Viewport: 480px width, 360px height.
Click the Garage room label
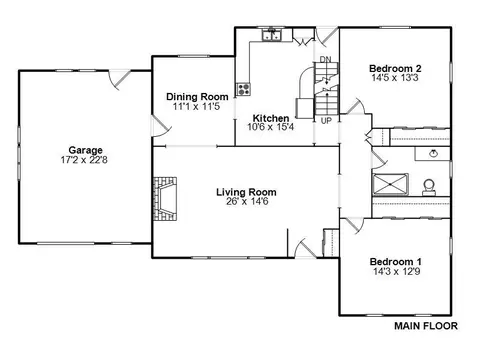tap(85, 150)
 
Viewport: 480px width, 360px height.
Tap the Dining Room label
tap(197, 97)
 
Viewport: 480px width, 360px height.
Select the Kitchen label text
tap(271, 118)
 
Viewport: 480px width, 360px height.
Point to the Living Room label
tap(246, 192)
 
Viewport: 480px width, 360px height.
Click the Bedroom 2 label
tap(395, 69)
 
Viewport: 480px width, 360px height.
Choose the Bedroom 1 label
tap(396, 262)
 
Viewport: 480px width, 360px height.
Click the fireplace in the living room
tap(165, 199)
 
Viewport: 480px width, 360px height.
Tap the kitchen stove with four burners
tap(243, 89)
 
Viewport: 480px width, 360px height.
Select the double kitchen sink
tap(272, 35)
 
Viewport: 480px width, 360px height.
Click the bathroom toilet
tap(429, 187)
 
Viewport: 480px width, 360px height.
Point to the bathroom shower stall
tap(390, 184)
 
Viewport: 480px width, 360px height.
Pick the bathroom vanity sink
tap(433, 154)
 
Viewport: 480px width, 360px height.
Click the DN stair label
tap(326, 59)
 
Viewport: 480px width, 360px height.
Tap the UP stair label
tap(326, 121)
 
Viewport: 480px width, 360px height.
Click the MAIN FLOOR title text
tap(426, 326)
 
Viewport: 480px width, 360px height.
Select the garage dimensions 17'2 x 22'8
tap(84, 160)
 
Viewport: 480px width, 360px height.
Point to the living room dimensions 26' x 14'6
tap(247, 201)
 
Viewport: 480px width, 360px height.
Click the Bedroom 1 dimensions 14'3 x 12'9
tap(396, 271)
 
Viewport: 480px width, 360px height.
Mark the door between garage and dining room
tap(161, 126)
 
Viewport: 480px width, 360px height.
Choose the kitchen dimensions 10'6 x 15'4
tap(271, 127)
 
